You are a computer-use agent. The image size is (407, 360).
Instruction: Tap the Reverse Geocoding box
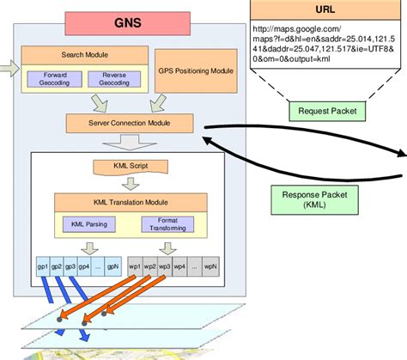point(114,78)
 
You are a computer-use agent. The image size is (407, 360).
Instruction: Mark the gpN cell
point(112,266)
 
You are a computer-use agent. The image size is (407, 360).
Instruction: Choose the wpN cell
point(208,266)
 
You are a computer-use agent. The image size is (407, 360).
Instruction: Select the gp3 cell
point(71,266)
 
